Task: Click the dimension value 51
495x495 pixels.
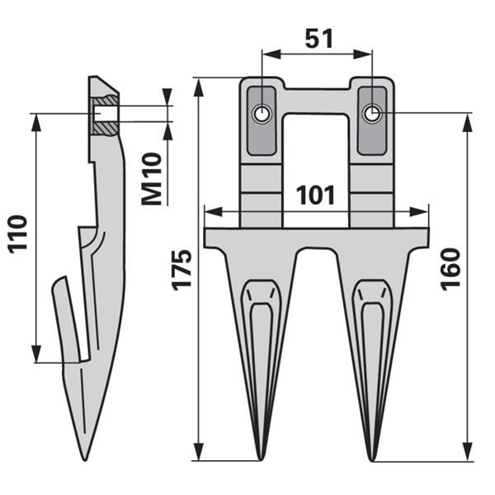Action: tap(318, 39)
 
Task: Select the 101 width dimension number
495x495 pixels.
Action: tap(315, 195)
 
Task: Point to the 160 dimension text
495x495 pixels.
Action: tap(450, 269)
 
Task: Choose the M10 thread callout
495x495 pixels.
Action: tap(152, 179)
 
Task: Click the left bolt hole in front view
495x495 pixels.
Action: tap(262, 114)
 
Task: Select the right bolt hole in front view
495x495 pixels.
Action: tap(372, 113)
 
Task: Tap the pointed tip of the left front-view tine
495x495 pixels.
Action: tap(261, 460)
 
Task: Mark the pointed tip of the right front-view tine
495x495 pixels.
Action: tap(372, 460)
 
